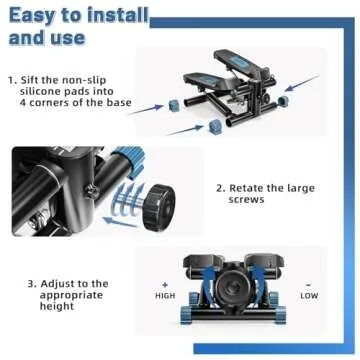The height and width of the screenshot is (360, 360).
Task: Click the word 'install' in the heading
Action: [117, 16]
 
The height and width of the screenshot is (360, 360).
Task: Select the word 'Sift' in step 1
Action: [29, 80]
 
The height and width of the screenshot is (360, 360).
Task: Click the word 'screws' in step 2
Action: [246, 199]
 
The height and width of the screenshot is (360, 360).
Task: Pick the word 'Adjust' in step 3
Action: [56, 284]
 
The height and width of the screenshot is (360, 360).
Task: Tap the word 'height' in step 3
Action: [57, 306]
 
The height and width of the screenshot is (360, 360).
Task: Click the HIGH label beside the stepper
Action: [165, 296]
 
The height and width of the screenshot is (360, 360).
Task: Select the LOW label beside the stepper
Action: [309, 296]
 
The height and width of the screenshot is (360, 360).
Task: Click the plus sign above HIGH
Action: [165, 285]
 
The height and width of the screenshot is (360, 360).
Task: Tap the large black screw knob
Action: [158, 206]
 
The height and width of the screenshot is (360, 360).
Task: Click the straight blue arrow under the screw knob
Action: [119, 222]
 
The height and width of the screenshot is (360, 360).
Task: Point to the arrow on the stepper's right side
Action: [302, 83]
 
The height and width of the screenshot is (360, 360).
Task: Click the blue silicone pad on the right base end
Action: [283, 101]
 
